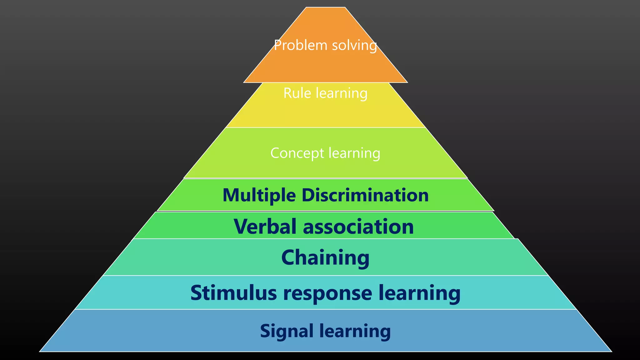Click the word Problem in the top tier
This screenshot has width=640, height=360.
point(300,45)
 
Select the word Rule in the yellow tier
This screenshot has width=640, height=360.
point(297,93)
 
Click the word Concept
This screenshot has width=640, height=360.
point(297,153)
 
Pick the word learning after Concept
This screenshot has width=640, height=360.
point(354,153)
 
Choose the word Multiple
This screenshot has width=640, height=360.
point(259,196)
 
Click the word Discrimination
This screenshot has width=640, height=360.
point(365,195)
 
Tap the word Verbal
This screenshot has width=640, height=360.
point(265,226)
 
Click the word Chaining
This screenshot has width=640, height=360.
point(325,258)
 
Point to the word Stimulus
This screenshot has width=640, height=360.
point(233,293)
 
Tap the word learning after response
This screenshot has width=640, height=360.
point(419,293)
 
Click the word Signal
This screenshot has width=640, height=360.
point(287,331)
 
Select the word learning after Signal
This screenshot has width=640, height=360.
point(355,331)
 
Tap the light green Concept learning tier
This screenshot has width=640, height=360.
point(325,169)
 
